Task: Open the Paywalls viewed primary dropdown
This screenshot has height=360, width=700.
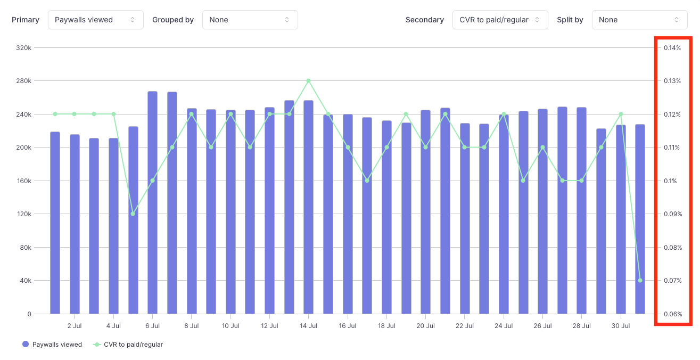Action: [96, 20]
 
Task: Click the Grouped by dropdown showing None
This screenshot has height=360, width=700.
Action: [250, 20]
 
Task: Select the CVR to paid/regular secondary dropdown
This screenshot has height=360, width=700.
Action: [500, 20]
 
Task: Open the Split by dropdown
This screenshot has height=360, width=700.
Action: [639, 20]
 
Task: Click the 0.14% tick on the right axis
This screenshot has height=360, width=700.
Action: [672, 48]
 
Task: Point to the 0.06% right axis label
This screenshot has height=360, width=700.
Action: [672, 314]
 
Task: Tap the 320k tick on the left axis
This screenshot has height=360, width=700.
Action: [24, 48]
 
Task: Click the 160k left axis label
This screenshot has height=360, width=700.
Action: [24, 181]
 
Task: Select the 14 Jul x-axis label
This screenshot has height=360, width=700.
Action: [309, 325]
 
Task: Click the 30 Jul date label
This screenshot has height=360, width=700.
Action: [621, 325]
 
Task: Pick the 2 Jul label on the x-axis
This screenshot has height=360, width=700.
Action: [75, 325]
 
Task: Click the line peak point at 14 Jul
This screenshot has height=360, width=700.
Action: [309, 81]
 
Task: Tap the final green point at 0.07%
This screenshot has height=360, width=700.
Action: [640, 281]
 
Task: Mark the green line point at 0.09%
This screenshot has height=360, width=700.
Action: [133, 214]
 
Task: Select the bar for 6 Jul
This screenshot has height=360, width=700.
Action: [152, 202]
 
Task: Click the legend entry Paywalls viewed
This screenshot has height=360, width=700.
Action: [52, 345]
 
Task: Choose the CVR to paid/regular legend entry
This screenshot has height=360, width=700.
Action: [128, 345]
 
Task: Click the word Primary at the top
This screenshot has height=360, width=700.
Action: [26, 20]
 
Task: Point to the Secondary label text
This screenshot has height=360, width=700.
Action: [424, 20]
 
